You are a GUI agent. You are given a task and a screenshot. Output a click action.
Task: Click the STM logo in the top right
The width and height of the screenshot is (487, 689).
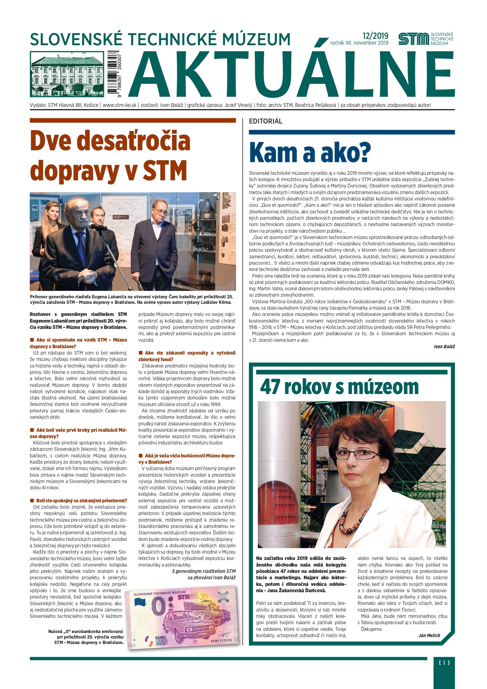pyautogui.click(x=425, y=39)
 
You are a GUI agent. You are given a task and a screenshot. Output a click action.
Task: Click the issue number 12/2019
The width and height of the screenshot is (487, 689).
pyautogui.click(x=375, y=36)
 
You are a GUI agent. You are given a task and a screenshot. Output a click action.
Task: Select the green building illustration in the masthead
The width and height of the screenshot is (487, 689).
pyautogui.click(x=67, y=74)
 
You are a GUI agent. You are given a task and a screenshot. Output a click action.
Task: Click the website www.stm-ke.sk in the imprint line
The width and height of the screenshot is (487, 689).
pyautogui.click(x=119, y=105)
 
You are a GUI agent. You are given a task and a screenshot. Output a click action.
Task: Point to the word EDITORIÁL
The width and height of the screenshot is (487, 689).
pyautogui.click(x=265, y=121)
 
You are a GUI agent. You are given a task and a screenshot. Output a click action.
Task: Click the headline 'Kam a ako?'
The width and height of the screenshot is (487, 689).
pyautogui.click(x=310, y=153)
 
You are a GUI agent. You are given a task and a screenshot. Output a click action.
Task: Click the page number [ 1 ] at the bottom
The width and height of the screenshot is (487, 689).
pyautogui.click(x=444, y=662)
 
